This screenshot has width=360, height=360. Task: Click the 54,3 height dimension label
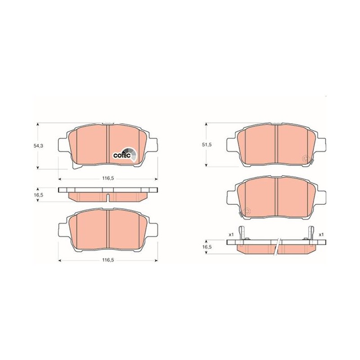[x=37, y=145]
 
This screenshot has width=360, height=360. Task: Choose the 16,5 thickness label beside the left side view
[x=37, y=195]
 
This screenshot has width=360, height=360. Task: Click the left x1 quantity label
[x=231, y=234]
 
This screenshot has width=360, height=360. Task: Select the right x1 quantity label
[x=321, y=234]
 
